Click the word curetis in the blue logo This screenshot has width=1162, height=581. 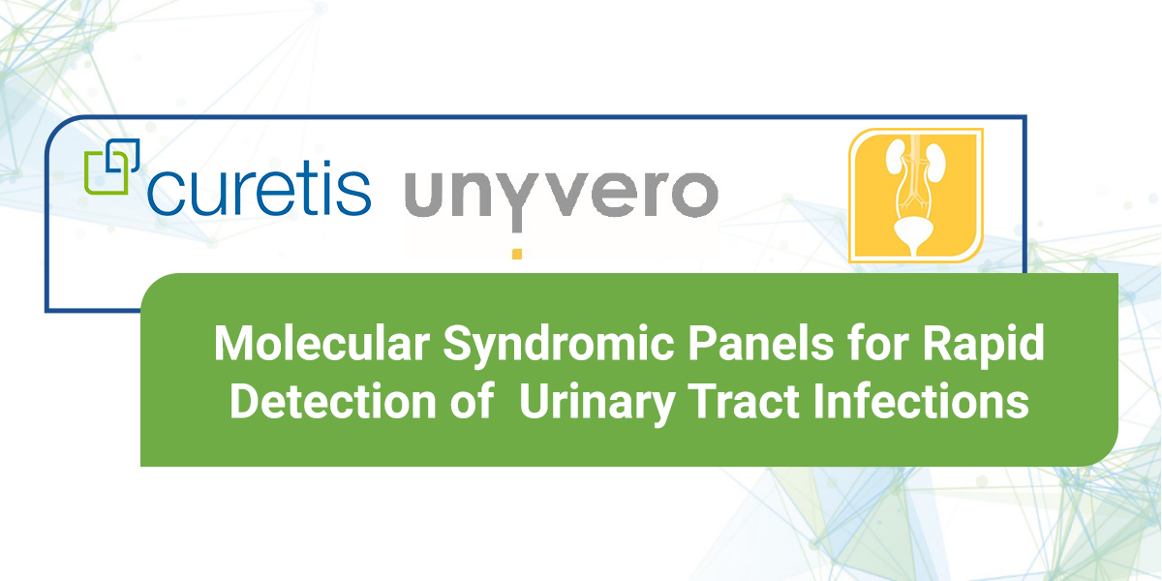(260, 190)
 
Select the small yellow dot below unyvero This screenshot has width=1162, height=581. (517, 254)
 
